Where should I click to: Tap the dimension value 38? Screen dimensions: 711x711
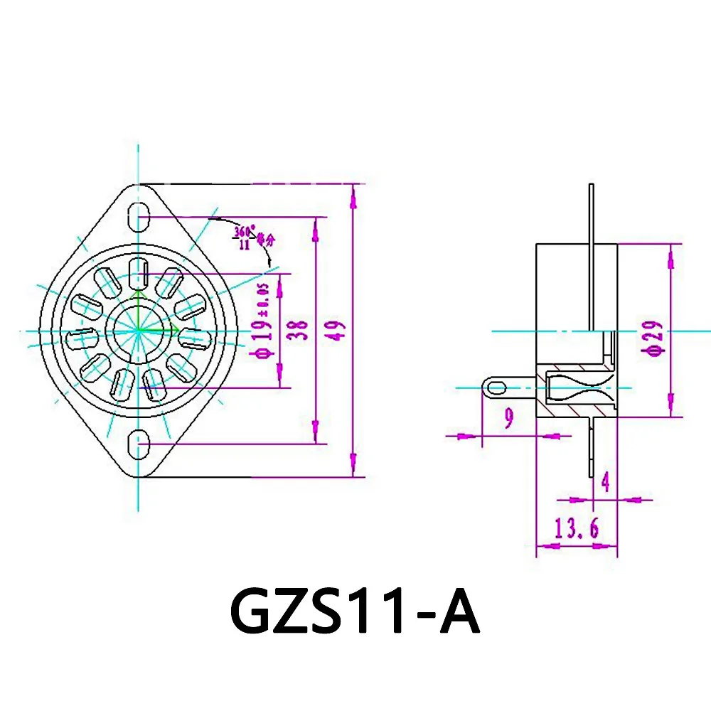(301, 331)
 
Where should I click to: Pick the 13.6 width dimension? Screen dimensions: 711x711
(577, 528)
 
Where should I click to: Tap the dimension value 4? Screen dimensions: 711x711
(605, 483)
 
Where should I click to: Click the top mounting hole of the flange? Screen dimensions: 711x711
(138, 214)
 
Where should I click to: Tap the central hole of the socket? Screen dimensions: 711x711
(137, 330)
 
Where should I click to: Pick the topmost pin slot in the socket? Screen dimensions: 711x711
(139, 271)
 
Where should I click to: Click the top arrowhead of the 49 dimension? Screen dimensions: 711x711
(353, 191)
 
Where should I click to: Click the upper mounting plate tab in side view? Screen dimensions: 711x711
(592, 213)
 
